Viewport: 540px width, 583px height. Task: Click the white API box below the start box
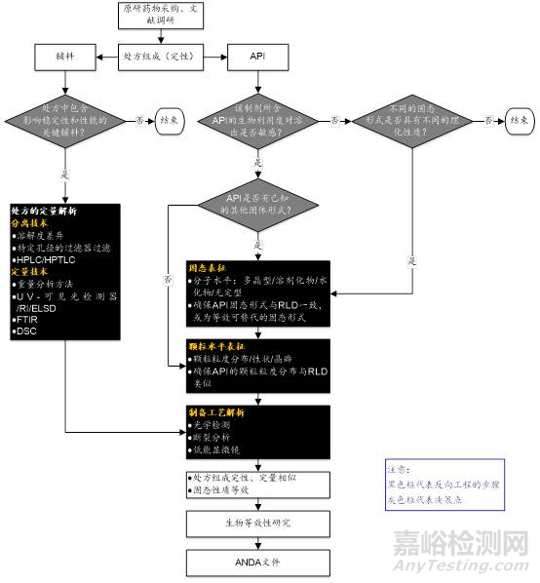[250, 58]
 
